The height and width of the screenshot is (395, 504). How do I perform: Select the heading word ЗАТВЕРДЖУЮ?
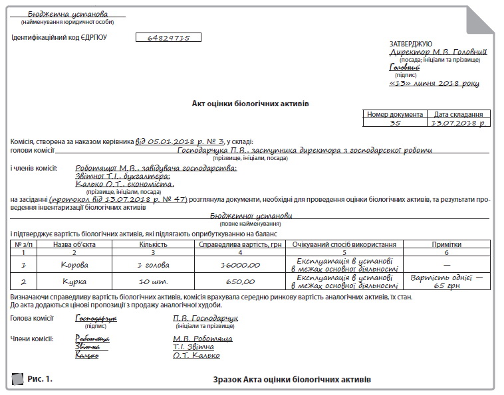(410, 43)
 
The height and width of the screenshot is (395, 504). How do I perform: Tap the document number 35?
(395, 123)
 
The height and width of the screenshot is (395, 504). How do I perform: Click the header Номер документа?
(395, 114)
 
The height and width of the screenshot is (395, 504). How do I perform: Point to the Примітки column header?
(446, 244)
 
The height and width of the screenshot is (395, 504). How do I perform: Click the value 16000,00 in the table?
(240, 265)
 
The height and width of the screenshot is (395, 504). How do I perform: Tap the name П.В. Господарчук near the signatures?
(205, 318)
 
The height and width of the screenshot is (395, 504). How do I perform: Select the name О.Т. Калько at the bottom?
(196, 355)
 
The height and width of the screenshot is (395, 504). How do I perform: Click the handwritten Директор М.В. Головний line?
(438, 52)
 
